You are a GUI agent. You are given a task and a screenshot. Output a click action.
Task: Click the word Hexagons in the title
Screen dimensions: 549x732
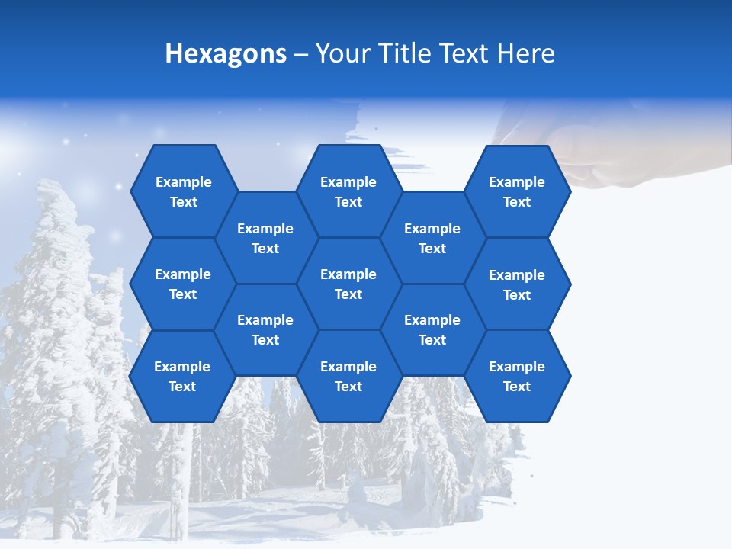(x=226, y=53)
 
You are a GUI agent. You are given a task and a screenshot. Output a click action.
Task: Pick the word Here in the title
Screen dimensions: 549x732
(x=526, y=53)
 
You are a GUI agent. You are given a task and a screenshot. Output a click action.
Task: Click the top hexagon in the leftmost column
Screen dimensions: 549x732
(x=183, y=191)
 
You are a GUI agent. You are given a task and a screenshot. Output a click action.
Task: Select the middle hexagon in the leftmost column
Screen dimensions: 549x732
(x=183, y=284)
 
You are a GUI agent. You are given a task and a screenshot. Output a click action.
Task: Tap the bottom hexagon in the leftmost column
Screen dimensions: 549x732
(x=182, y=376)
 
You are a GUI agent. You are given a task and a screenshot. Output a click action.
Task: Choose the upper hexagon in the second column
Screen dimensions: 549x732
(x=265, y=238)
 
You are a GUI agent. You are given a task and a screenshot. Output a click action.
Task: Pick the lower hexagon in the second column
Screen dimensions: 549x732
(x=265, y=329)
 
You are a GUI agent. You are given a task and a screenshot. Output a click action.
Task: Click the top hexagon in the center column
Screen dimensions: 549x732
(x=348, y=191)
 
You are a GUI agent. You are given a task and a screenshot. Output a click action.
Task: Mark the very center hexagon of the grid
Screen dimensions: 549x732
(x=348, y=284)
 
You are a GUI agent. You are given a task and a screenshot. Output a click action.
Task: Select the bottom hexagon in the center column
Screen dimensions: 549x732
(x=348, y=376)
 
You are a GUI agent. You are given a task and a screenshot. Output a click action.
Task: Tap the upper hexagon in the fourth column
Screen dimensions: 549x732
(x=432, y=238)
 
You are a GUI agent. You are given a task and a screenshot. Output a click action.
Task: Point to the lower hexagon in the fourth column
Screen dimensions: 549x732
(x=432, y=329)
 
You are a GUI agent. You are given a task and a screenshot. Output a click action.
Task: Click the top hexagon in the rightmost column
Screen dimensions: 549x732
(x=517, y=191)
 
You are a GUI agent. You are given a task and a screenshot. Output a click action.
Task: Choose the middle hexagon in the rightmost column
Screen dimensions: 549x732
(x=517, y=284)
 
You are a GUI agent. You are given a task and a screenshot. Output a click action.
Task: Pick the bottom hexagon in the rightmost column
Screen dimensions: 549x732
(x=517, y=376)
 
